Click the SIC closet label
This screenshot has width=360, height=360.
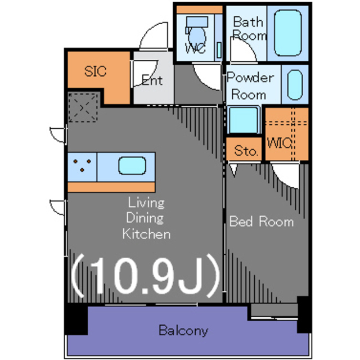click(95, 71)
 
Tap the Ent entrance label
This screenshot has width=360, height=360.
click(152, 80)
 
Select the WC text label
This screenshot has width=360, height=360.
click(195, 48)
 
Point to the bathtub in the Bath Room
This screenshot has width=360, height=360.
click(287, 33)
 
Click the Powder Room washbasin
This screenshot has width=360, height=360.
click(295, 85)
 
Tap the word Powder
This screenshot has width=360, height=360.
click(250, 78)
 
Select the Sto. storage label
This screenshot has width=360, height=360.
click(245, 151)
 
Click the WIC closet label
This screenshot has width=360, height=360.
click(280, 143)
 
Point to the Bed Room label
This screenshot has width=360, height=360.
click(262, 222)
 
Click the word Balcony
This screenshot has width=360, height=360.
click(183, 331)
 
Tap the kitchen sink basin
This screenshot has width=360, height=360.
click(132, 165)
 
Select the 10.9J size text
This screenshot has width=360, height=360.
click(145, 276)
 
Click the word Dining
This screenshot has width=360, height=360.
click(145, 218)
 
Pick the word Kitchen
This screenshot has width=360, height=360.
click(146, 234)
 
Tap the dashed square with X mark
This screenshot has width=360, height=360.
click(83, 107)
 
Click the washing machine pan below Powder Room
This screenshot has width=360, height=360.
click(244, 120)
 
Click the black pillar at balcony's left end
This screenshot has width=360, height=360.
click(76, 319)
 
